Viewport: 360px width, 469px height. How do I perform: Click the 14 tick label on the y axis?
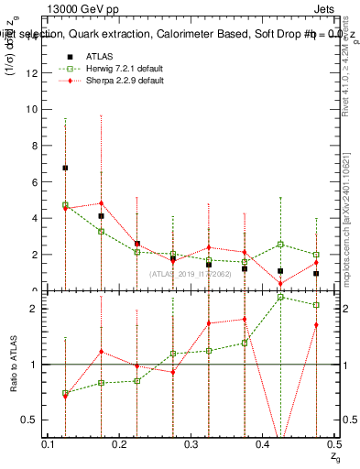click(31, 37)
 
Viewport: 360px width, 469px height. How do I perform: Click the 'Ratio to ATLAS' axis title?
click(13, 365)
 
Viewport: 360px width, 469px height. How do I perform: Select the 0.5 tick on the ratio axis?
click(29, 420)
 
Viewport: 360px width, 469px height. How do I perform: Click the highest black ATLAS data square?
click(65, 168)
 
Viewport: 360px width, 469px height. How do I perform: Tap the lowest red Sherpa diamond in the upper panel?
click(280, 283)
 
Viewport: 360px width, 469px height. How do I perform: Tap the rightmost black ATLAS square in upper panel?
click(316, 273)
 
